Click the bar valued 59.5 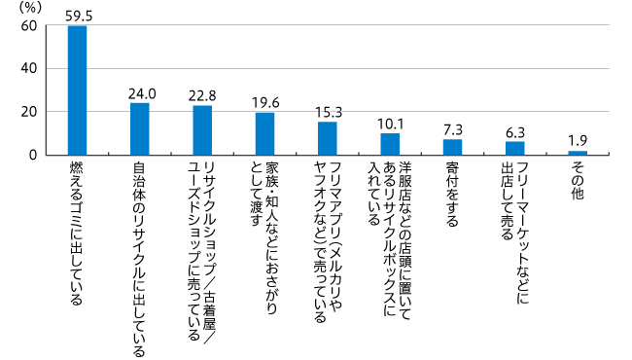77,90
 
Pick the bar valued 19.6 264,133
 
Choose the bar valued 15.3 327,138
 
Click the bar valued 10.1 390,144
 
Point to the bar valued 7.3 452,147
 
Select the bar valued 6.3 514,148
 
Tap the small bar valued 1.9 578,153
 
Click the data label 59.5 77,16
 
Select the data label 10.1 390,124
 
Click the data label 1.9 578,141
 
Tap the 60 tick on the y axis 29,26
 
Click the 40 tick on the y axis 29,69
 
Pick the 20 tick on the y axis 29,112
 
